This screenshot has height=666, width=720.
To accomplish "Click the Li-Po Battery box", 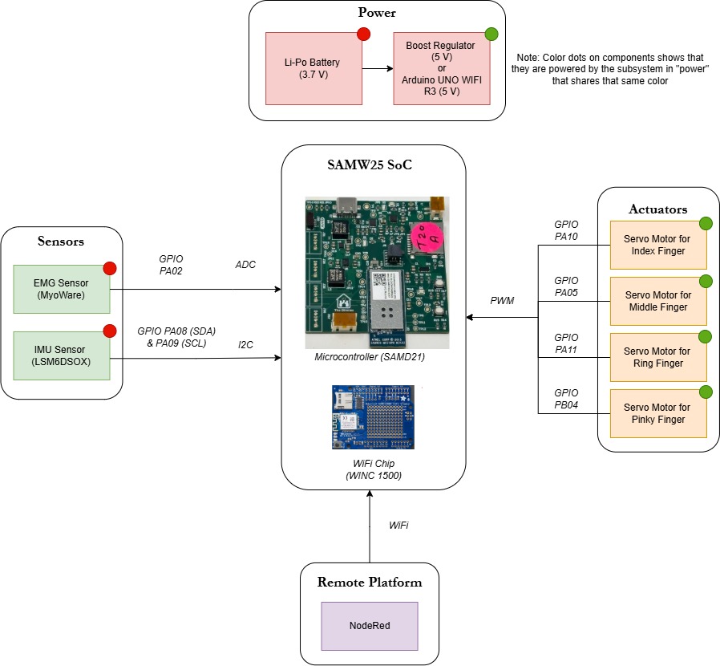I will coord(313,69).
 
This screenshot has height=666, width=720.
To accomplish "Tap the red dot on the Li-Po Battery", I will coord(363,34).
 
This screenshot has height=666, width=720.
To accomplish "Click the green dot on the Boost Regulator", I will coord(491,34).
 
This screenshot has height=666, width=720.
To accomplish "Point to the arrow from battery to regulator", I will coord(377,69).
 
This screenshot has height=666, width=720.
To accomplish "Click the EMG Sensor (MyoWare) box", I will coord(62,289).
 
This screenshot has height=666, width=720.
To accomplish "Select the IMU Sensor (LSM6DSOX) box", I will coord(62,356).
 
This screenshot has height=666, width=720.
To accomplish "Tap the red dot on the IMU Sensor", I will coord(110,331).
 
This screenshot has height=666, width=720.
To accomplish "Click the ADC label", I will coord(245,265).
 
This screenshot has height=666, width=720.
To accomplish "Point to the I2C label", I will coord(246,344).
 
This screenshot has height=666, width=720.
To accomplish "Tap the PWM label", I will coord(503,301).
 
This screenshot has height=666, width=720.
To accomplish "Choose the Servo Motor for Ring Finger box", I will coord(657,357).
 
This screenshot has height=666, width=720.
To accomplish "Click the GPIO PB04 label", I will coord(566,399).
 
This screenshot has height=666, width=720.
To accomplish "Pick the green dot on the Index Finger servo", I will coord(706,223).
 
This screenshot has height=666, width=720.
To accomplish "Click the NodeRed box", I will coord(370,626).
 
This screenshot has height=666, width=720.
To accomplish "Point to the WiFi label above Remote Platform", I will coord(398,525).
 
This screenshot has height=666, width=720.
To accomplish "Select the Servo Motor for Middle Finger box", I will coord(657,301).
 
